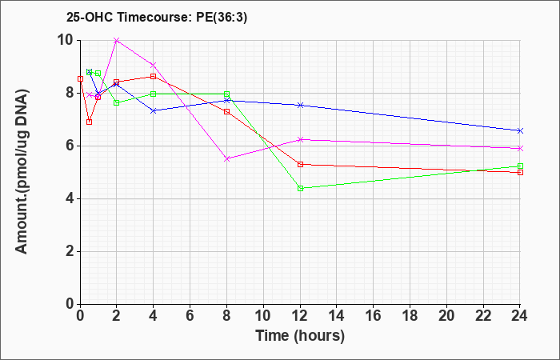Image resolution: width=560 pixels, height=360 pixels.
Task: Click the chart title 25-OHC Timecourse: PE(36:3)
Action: coord(157,18)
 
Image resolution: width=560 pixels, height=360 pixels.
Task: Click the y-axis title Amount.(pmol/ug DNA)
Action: coord(22,172)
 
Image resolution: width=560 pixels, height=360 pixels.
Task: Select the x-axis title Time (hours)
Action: coord(300,336)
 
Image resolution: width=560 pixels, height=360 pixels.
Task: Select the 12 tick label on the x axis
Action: coord(300,316)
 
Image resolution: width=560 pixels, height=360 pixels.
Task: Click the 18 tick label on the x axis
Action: coord(410,316)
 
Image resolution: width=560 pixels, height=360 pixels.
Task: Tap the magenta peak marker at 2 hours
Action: coord(117,41)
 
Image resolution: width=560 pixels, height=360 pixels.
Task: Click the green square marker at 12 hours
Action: coord(300,188)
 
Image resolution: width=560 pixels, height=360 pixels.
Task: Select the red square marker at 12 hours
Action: coord(300,164)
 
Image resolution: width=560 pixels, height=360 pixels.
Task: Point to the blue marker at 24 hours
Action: coord(520,130)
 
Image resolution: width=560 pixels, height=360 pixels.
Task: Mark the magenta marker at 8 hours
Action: coord(226,159)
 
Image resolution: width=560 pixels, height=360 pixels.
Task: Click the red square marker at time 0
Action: coord(80,78)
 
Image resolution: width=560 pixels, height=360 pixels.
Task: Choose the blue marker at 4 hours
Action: coord(154,111)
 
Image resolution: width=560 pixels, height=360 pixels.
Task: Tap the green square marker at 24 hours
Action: coord(520,166)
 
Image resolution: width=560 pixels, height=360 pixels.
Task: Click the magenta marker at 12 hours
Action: coord(300,140)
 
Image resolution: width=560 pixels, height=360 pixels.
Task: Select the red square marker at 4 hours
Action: coord(154,77)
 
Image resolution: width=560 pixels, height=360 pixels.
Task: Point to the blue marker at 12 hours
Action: coord(300,105)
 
